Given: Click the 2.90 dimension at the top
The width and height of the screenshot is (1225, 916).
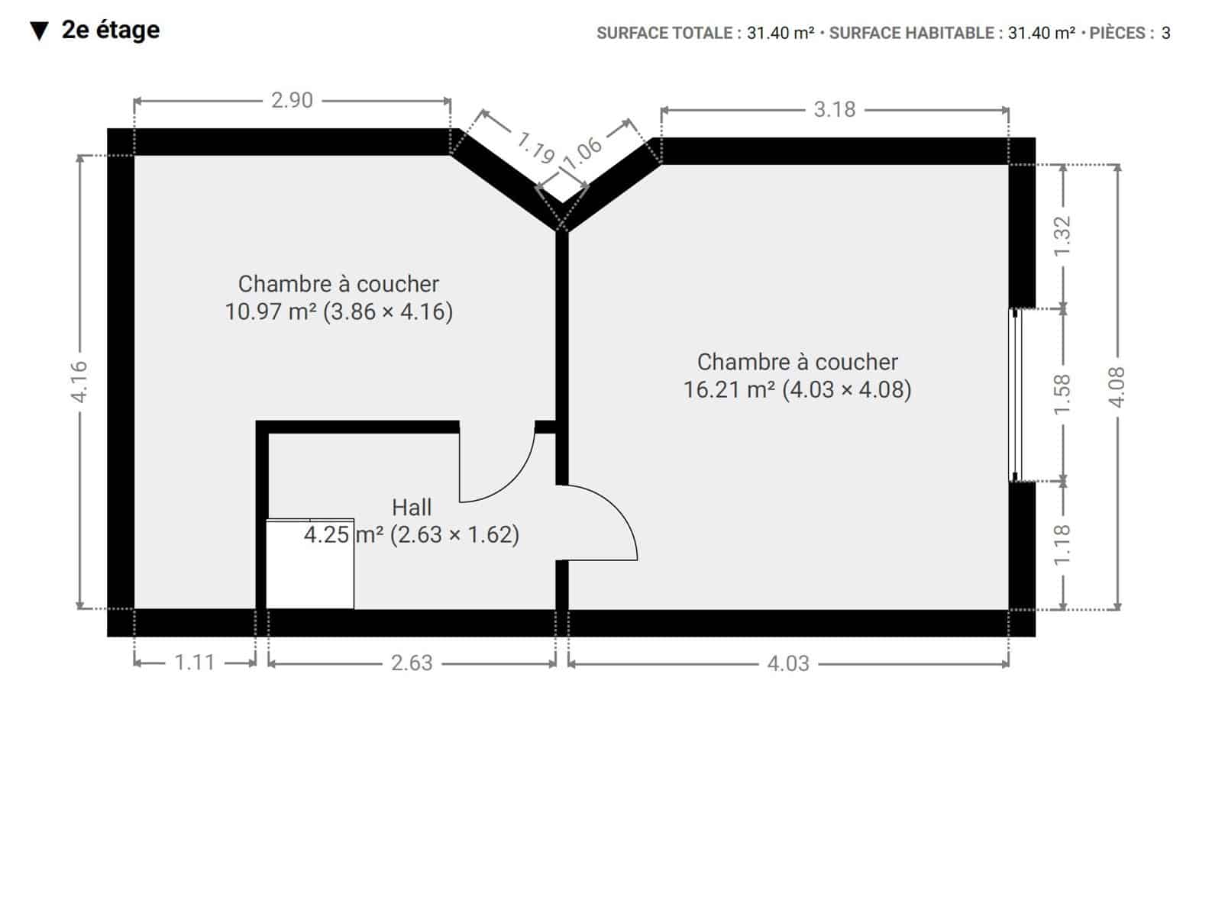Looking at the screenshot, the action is [292, 101].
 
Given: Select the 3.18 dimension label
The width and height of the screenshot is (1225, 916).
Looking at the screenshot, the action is [834, 109].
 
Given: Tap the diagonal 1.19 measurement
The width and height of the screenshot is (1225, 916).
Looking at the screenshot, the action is [535, 147].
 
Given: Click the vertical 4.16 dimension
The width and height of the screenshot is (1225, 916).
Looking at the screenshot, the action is [79, 382].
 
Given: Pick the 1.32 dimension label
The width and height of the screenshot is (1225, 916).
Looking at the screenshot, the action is [1062, 237].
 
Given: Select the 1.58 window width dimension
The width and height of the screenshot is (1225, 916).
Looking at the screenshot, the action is [1062, 395].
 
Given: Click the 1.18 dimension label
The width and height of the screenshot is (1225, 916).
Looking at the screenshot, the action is [1062, 545].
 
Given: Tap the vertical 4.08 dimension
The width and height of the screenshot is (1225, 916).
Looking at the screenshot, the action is [1117, 388].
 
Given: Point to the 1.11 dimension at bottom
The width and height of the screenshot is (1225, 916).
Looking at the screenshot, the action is [195, 663].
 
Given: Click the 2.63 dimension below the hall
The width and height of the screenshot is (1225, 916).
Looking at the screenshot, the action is [412, 663].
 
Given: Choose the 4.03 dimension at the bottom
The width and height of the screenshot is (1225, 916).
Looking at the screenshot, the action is [788, 664].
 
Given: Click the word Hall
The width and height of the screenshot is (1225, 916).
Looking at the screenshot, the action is [412, 508].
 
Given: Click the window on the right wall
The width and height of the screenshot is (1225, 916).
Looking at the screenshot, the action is [1015, 395].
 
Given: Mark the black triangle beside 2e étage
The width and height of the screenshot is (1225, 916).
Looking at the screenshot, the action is [39, 31].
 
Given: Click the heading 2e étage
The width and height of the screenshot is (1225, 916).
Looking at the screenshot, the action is [111, 30].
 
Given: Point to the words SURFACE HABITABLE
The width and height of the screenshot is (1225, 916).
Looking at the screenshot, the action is [911, 34].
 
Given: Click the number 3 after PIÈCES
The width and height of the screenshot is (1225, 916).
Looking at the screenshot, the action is [1166, 34].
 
